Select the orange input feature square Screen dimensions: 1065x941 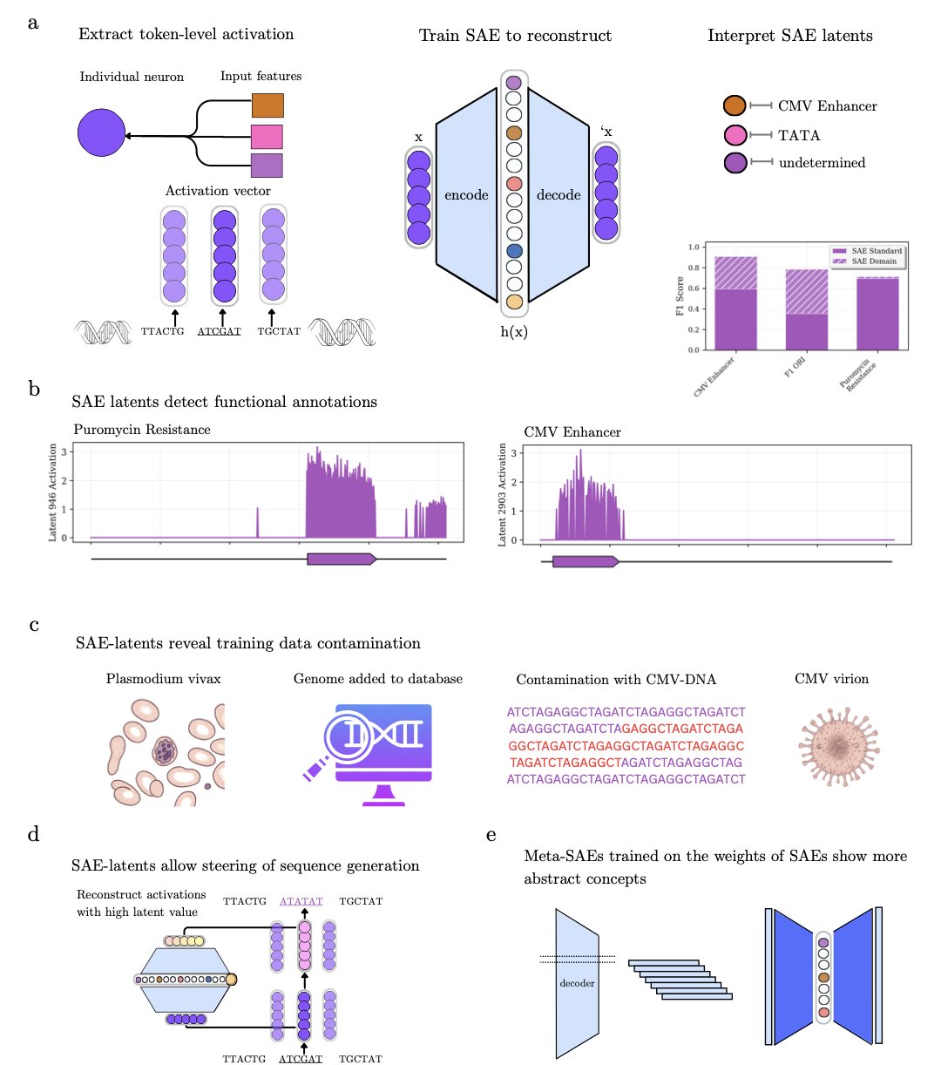tap(267, 105)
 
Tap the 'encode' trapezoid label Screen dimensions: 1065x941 tap(466, 195)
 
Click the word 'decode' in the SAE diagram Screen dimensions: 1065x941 tap(559, 195)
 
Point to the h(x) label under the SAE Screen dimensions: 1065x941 tap(513, 332)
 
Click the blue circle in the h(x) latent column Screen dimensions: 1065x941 tap(514, 251)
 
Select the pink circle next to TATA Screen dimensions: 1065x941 tap(735, 135)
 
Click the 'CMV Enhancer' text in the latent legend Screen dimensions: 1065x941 tap(827, 106)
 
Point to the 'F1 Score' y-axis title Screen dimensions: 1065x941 tap(680, 296)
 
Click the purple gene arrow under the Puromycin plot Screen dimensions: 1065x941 tap(341, 559)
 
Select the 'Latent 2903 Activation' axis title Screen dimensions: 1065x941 tap(503, 495)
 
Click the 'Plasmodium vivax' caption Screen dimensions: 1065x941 tap(163, 679)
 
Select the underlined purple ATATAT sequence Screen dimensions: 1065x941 tap(301, 901)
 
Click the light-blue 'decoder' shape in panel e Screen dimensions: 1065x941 tap(577, 983)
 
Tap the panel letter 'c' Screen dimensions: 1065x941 tap(34, 624)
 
